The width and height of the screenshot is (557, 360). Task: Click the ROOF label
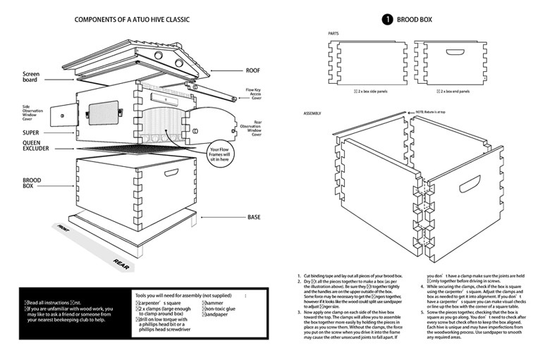pos(252,70)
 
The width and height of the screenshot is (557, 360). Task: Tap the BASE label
pos(255,217)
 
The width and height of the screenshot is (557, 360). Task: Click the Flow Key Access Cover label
pos(253,94)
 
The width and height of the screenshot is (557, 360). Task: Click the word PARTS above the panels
pos(336,34)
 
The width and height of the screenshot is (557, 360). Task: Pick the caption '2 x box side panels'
pos(371,91)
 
